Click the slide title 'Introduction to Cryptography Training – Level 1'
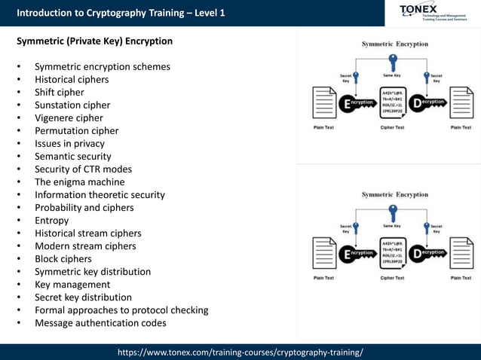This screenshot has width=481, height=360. (121, 13)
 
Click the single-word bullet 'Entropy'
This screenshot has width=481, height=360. (51, 221)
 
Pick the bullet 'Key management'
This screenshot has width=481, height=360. (72, 285)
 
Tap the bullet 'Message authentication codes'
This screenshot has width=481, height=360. (100, 323)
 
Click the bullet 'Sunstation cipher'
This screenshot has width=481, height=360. (72, 105)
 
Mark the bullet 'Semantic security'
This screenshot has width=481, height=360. (73, 157)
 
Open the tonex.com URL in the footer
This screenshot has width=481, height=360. (240, 352)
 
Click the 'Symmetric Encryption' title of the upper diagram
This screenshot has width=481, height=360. (394, 44)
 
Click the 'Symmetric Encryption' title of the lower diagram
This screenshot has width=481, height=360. (394, 194)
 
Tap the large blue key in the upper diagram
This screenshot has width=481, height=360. (392, 60)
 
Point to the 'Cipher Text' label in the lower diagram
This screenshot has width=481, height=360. (392, 278)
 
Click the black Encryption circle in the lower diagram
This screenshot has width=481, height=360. (348, 255)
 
